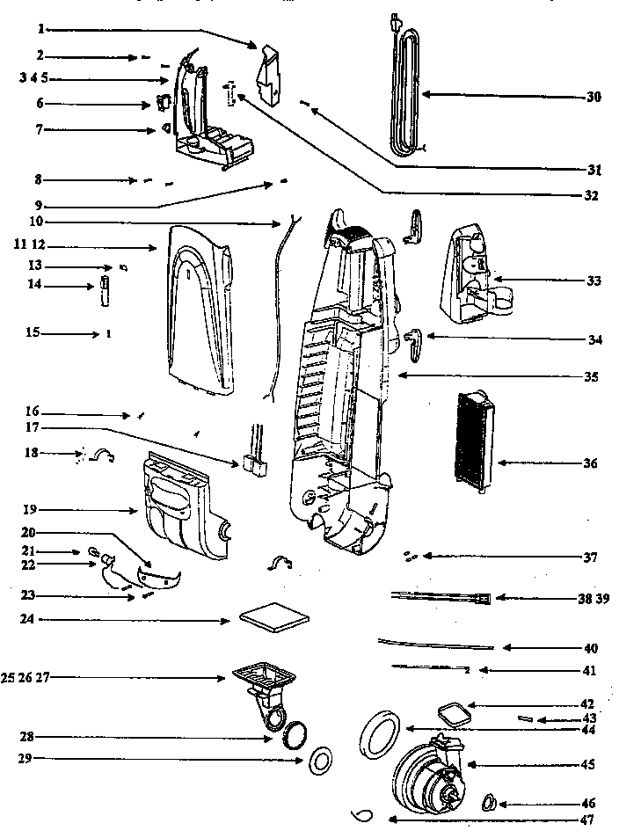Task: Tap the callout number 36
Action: click(590, 463)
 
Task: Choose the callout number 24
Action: click(28, 620)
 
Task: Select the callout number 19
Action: click(28, 510)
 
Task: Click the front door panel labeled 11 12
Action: click(198, 308)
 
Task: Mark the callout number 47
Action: click(586, 820)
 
